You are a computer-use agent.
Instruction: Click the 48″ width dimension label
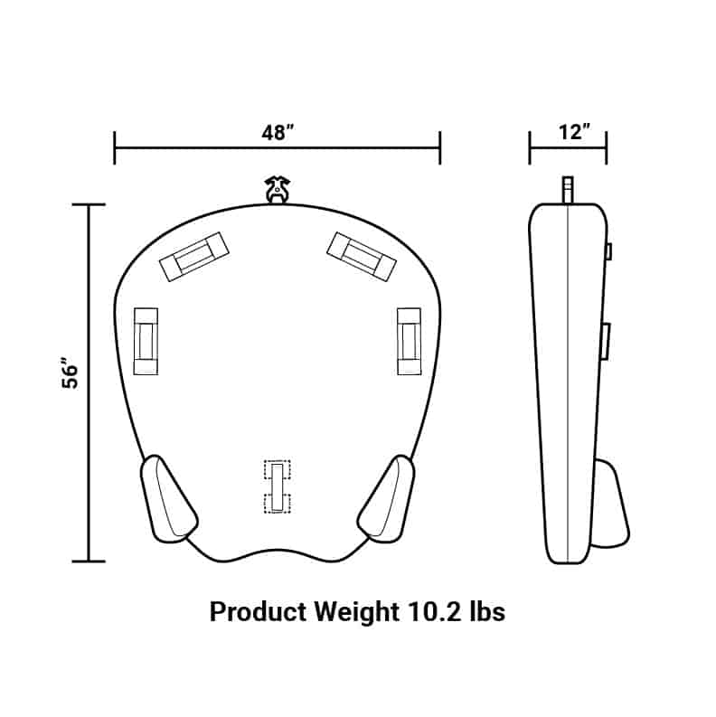point(278,132)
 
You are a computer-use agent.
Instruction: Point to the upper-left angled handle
point(193,255)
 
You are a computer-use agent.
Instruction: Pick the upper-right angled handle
point(363,255)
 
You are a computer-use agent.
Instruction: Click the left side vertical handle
point(146,341)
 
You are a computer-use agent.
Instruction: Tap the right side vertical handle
point(409,341)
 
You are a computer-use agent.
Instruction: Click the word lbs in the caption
point(483,612)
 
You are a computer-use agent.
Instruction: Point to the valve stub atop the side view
point(567,191)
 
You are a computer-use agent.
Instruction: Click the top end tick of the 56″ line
point(88,205)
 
